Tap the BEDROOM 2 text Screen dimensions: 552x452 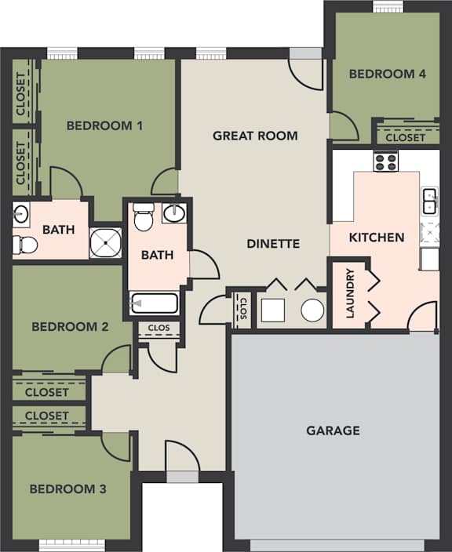[x=70, y=327]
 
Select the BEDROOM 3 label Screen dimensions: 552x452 [x=67, y=489]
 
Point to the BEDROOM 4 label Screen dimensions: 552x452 [x=387, y=74]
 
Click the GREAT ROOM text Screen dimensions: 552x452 [x=255, y=136]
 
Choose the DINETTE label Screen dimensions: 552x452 [x=273, y=244]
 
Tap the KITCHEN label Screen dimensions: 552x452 [x=377, y=237]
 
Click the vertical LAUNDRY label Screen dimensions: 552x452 [x=350, y=294]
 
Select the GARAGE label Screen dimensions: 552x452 [x=333, y=430]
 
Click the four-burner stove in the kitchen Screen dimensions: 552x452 [x=385, y=162]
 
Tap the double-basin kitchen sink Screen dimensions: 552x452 [x=429, y=201]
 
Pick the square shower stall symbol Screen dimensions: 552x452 [x=105, y=243]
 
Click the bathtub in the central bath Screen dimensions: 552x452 [x=155, y=303]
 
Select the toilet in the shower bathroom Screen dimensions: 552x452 [x=26, y=245]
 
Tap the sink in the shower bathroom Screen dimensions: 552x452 [x=21, y=212]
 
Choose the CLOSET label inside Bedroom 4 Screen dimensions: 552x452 [x=406, y=137]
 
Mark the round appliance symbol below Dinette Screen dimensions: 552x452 [x=312, y=311]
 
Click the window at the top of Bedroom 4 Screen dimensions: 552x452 [x=388, y=6]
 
